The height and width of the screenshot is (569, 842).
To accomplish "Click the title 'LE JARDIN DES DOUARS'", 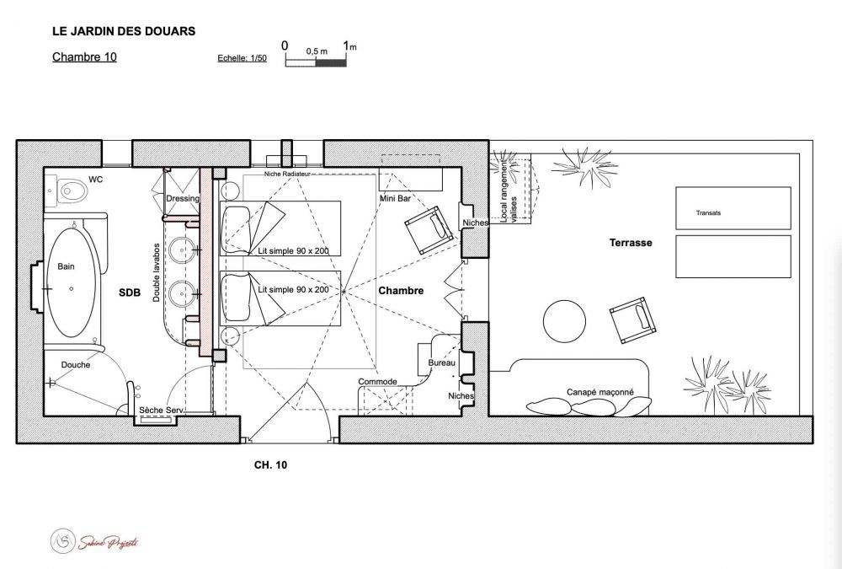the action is pos(124,31).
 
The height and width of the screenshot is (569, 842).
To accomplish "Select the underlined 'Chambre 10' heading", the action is pos(84,57).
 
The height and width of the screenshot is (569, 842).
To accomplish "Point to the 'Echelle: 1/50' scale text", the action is pos(242,58).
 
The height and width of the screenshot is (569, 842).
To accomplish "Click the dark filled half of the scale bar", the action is pos(331,63).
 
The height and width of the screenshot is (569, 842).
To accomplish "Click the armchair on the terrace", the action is pos(633,320).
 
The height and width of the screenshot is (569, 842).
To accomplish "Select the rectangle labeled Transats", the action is pos(733,208).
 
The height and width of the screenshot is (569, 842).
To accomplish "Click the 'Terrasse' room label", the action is pos(631,243).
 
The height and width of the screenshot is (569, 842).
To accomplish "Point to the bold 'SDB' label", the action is pos(130,293).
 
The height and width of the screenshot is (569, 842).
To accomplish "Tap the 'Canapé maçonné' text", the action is pos(600,392).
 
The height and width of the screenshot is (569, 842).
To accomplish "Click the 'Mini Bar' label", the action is pos(395,198).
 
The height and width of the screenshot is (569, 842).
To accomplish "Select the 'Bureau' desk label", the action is pos(441,363).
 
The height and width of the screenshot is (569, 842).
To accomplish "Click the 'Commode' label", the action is pos(377,382).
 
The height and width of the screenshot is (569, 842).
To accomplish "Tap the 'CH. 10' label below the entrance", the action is pos(270,465).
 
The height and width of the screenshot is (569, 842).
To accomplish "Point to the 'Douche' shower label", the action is pos(76,365).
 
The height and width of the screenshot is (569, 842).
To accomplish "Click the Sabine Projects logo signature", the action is pos(94,541).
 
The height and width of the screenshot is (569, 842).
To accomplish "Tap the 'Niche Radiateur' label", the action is pos(287,174).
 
